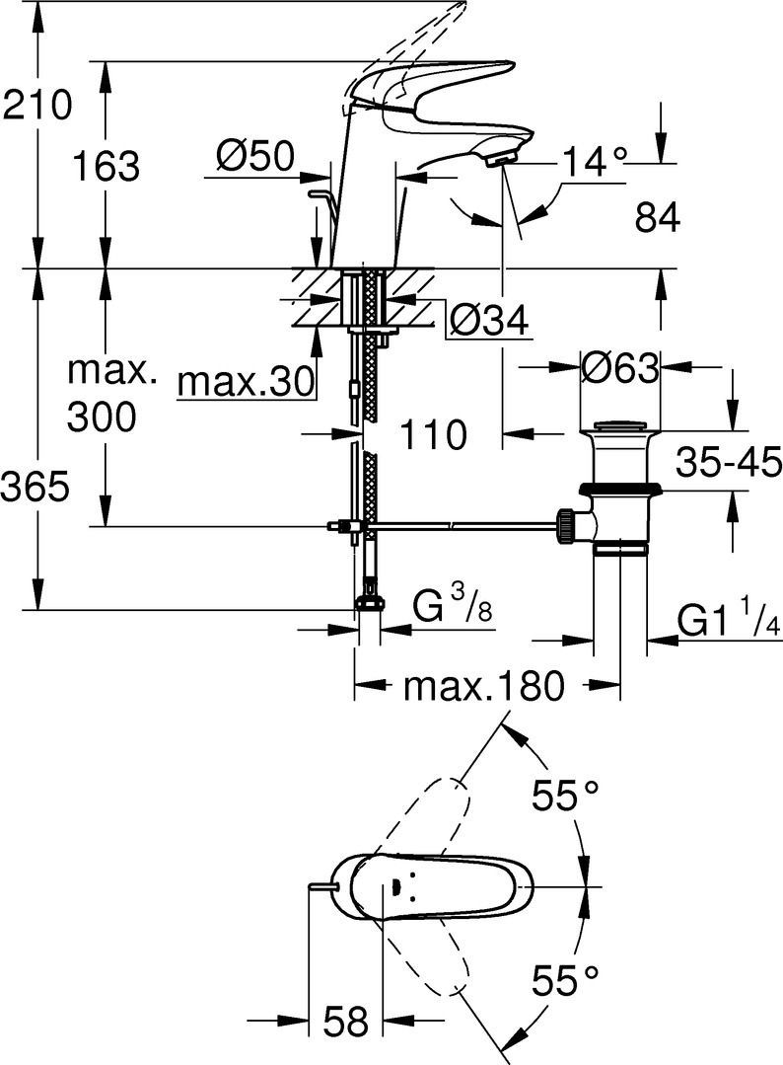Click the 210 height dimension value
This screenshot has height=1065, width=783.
pos(37,104)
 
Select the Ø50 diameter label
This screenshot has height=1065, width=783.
pos(254,155)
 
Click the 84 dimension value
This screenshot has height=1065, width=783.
pos(658,218)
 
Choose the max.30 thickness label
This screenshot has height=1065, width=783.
pos(247,379)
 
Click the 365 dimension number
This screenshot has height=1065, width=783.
pos(36,486)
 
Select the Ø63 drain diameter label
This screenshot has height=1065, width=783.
pos(619,368)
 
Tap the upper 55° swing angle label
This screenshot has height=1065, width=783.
pos(565,795)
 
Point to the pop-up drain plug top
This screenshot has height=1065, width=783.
pos(617,426)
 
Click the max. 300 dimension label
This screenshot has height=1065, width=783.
pos(107,396)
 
